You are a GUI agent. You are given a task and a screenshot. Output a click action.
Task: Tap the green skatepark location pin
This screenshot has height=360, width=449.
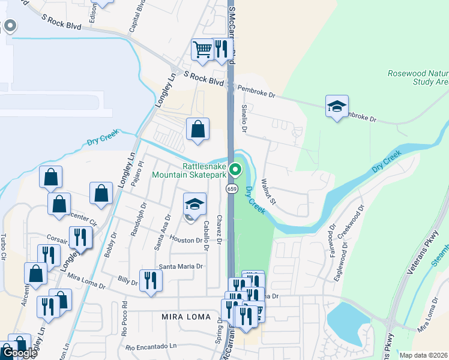[236, 170]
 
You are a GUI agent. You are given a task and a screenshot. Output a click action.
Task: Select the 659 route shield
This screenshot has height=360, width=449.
[231, 189]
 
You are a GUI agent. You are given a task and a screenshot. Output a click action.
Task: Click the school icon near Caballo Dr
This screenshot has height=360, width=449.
[194, 204]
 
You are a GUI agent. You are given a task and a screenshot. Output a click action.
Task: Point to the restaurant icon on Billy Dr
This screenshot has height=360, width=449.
[150, 280]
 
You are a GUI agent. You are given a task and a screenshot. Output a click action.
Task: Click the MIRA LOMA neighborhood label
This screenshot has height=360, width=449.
[186, 316]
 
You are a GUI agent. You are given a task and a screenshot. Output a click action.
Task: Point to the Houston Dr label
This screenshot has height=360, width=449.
[185, 240]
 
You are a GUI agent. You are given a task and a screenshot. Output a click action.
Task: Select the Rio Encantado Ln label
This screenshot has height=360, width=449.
[152, 346]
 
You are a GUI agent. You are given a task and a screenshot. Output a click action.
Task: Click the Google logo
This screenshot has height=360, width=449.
[20, 353]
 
